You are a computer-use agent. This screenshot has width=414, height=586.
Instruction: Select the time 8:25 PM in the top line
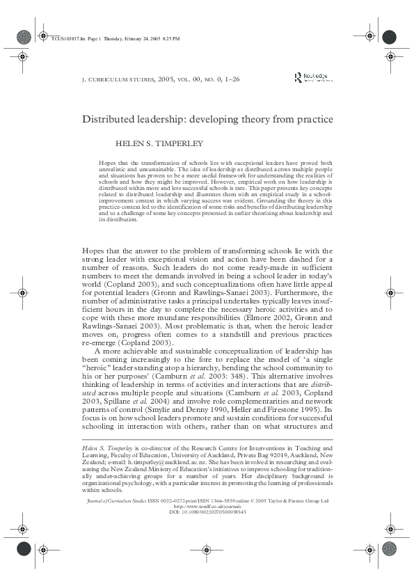pyautogui.click(x=170, y=39)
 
